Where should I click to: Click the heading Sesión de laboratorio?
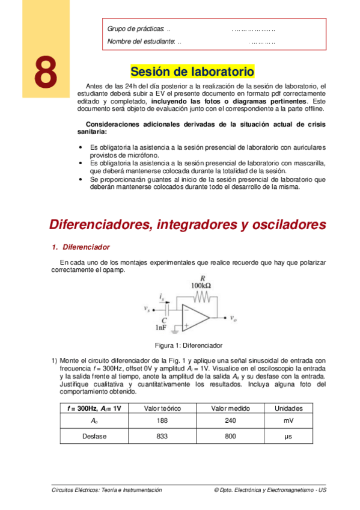click(x=192, y=72)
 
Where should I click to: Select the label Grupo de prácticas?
click(x=136, y=29)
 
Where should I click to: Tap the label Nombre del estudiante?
click(x=141, y=41)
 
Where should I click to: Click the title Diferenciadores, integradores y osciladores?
click(x=187, y=224)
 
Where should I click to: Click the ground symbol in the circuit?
click(x=175, y=330)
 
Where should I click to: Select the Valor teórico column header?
click(x=162, y=408)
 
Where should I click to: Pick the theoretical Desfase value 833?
click(x=162, y=436)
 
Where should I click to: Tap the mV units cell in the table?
click(x=288, y=422)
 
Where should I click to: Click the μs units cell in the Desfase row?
click(x=288, y=436)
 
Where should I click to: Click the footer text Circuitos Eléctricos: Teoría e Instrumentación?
click(x=107, y=490)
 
